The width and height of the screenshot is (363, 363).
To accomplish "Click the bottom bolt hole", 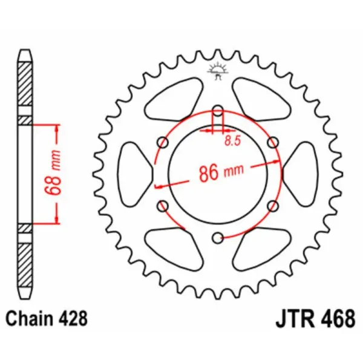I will pos(218,237).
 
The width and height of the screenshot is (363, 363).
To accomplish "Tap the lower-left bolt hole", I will pos(163,206).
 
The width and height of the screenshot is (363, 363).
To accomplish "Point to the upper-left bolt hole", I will pos(163,142).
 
